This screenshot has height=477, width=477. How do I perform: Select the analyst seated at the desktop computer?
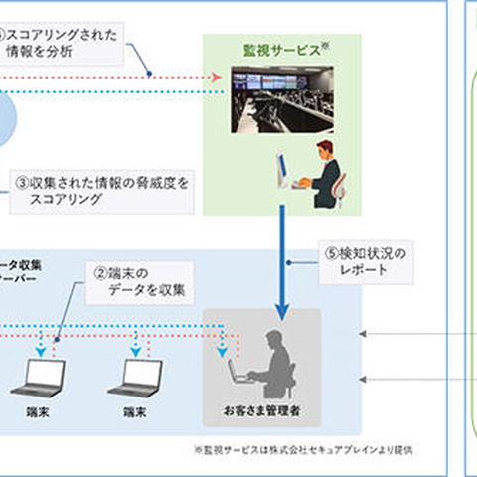(x=324, y=173)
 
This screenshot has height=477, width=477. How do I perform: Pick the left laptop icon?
(x=45, y=378)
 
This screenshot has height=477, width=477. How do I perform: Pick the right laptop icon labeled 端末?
(x=141, y=378)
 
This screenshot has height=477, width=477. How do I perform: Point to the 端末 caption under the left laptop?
(x=45, y=409)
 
